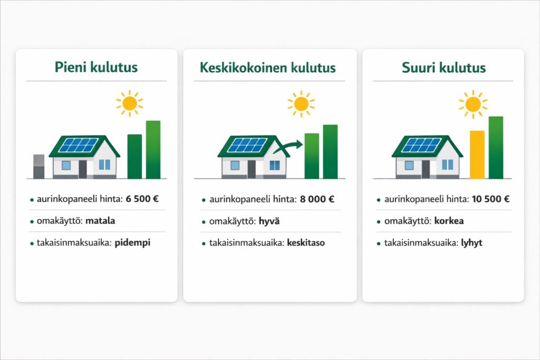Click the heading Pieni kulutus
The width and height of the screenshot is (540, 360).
96,68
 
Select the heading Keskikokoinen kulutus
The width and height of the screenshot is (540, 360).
268,68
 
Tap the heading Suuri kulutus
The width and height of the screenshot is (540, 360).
443,68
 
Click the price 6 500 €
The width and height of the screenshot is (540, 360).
142,199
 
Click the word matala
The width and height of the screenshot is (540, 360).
100,221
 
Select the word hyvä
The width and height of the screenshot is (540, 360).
269,221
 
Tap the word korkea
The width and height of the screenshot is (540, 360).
449,221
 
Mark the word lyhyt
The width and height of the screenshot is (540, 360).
470,243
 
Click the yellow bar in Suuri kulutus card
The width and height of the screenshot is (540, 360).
477,155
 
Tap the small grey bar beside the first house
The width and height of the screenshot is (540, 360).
39,167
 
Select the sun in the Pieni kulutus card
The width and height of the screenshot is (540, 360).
130,103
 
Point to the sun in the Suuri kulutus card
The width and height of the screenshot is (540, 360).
472,103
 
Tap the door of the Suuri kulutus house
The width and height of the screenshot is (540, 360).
426,169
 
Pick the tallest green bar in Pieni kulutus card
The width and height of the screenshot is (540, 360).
153,150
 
